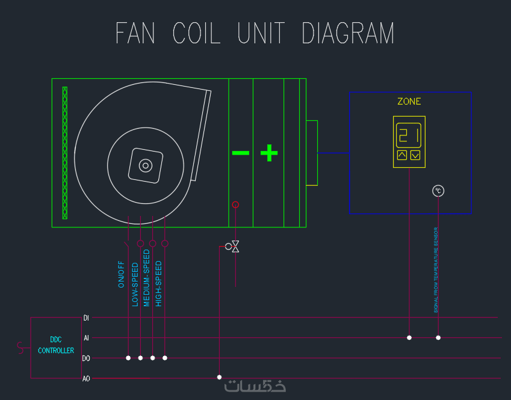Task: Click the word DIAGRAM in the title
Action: (x=348, y=34)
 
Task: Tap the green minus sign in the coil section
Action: (x=240, y=153)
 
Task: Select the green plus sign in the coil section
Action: (x=269, y=153)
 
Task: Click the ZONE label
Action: (x=409, y=102)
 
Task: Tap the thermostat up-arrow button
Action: (x=402, y=155)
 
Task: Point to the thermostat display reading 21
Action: (x=409, y=134)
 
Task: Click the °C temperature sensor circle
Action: (x=438, y=191)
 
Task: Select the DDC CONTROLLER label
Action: (x=56, y=345)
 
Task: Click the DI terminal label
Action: (x=86, y=318)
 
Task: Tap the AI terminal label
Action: (x=86, y=338)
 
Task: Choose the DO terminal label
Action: (x=86, y=358)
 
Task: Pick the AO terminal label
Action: (x=86, y=378)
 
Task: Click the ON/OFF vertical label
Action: (x=122, y=274)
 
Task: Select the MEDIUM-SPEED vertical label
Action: (x=146, y=278)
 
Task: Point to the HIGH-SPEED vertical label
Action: (x=159, y=283)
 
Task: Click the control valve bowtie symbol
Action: (x=235, y=247)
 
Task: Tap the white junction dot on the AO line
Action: (x=219, y=378)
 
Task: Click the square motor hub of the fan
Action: (x=146, y=165)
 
